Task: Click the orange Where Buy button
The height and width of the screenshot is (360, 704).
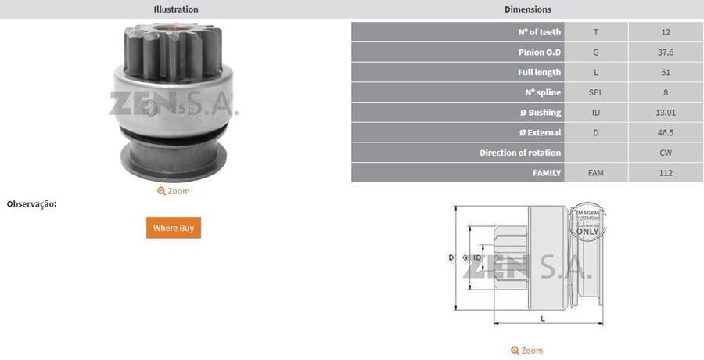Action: (x=174, y=228)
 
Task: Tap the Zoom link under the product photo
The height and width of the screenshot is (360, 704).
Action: (x=174, y=191)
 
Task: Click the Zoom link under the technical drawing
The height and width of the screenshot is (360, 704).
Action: (x=527, y=351)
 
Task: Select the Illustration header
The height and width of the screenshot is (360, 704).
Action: (x=176, y=9)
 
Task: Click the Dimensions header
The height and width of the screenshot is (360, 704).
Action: (x=528, y=9)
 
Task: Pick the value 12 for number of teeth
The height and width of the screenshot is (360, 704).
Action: (x=666, y=32)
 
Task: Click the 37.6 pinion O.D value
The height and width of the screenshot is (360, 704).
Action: (x=666, y=52)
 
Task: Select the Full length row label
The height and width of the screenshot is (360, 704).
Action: (x=539, y=73)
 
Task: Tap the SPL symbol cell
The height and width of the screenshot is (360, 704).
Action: (x=596, y=92)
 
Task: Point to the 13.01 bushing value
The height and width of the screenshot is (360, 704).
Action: (x=666, y=113)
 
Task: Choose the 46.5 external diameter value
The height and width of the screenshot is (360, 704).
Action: (x=666, y=133)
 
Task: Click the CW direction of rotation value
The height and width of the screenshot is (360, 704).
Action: (x=666, y=153)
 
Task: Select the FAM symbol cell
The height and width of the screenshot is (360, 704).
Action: (x=596, y=173)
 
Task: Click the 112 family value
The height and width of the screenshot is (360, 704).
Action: (x=666, y=173)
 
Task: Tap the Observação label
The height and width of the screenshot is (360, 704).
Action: (x=32, y=204)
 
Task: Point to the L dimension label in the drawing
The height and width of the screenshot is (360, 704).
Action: (x=543, y=319)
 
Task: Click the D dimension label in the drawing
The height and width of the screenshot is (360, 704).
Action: (x=451, y=257)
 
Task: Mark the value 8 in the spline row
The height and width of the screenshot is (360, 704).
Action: (x=666, y=92)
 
